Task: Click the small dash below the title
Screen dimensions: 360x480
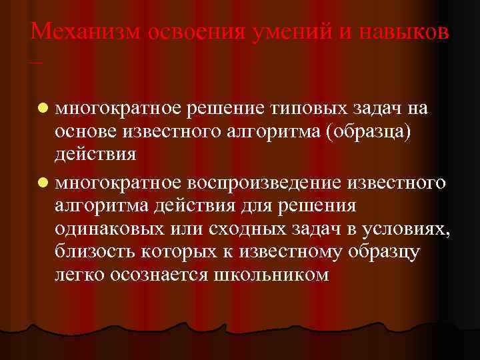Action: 35,63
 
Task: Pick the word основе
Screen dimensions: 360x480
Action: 85,132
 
